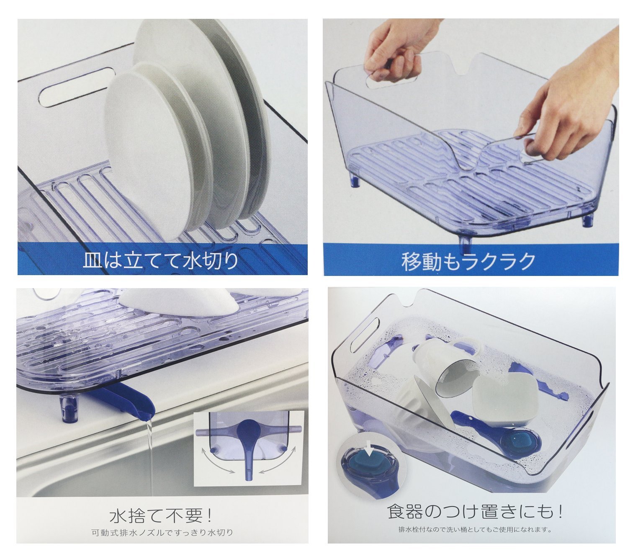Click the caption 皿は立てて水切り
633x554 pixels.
(161, 260)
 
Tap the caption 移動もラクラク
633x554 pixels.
(468, 262)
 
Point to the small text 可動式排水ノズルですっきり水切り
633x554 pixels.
(162, 532)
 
